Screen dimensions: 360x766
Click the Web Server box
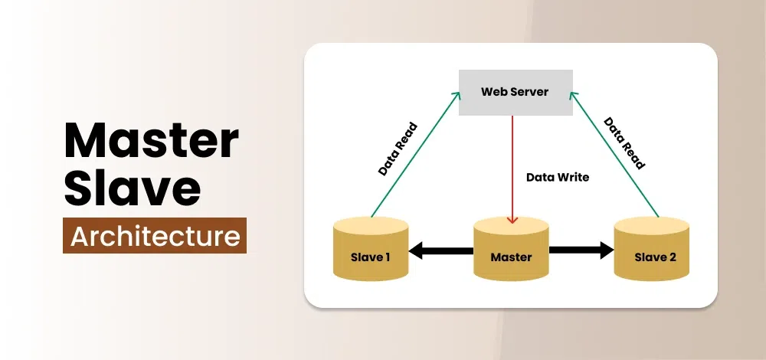[515, 92]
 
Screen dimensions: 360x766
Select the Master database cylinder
[511, 248]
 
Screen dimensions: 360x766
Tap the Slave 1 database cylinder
[371, 248]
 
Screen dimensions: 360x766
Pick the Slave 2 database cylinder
[652, 248]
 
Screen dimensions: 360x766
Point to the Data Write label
[557, 177]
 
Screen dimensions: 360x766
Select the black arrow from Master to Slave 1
[441, 250]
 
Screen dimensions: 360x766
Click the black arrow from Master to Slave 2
[581, 250]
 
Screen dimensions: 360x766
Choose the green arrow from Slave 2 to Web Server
[613, 153]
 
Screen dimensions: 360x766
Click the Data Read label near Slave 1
[398, 149]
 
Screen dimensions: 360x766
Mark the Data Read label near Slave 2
[624, 142]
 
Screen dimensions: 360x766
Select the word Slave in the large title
[131, 188]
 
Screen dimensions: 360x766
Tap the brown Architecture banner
[155, 236]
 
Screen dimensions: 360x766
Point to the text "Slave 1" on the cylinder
[371, 257]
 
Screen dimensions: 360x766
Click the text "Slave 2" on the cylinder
[655, 257]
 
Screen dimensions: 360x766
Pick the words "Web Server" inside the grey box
[515, 92]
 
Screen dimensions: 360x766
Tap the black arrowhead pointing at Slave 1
[417, 250]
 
